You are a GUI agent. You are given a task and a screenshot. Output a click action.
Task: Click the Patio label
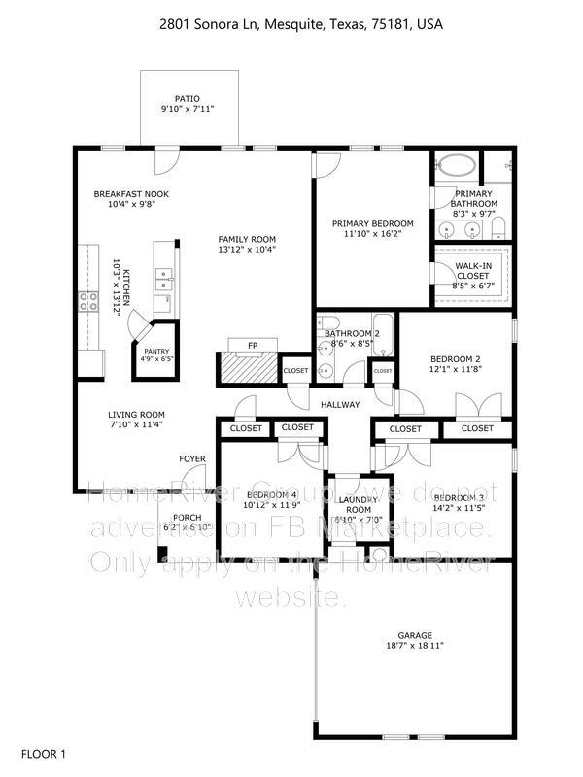[x=187, y=98]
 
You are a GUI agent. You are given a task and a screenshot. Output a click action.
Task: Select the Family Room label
[x=247, y=239]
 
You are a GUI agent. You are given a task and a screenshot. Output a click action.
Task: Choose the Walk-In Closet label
[x=474, y=268]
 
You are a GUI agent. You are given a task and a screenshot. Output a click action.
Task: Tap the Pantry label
[x=156, y=352]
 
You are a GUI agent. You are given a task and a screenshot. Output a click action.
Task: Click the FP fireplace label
[x=252, y=345]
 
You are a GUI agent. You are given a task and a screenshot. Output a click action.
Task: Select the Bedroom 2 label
[x=456, y=358]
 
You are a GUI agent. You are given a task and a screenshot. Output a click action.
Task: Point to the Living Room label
[x=136, y=414]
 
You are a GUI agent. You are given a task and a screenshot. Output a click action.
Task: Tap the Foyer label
[x=190, y=459]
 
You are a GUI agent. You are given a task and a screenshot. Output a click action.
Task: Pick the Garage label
[x=415, y=634]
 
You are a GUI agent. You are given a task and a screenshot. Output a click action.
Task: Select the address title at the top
[x=291, y=23]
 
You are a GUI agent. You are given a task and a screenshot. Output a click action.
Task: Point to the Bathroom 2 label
[x=352, y=334]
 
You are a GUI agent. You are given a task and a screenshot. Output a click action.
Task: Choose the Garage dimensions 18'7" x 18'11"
[x=415, y=645]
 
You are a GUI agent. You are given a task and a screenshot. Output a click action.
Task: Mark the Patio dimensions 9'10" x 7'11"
[x=187, y=109]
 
